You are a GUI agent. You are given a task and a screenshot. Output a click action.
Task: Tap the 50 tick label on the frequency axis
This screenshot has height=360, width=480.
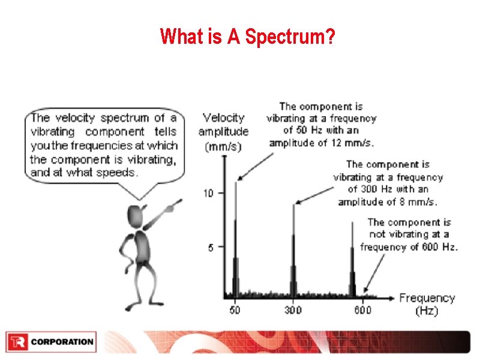(234, 310)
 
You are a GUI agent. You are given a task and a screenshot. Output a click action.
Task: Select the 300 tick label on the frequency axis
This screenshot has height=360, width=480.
(293, 310)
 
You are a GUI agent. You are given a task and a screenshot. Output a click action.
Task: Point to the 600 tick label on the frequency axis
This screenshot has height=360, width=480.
(362, 310)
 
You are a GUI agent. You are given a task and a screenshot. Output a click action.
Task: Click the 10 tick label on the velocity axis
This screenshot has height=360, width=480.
(208, 193)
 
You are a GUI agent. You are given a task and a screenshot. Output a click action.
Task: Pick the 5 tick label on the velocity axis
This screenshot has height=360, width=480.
(211, 247)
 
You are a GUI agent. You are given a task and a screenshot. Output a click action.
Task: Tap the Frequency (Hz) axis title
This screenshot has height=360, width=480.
(427, 304)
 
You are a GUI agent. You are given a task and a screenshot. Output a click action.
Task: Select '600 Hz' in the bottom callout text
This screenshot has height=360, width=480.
(440, 247)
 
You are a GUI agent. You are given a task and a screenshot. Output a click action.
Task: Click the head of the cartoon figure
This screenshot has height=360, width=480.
(137, 215)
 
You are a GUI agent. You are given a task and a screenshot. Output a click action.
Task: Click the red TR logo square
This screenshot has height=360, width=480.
(16, 342)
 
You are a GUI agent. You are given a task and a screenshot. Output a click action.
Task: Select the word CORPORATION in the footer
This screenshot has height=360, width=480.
(62, 342)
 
